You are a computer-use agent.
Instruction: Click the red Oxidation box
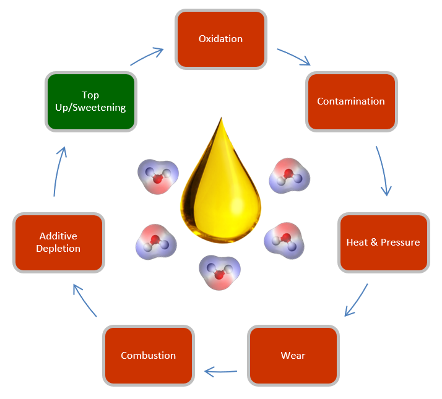(x=221, y=39)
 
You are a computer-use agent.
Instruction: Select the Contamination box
(x=351, y=101)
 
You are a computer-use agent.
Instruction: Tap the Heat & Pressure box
(x=383, y=242)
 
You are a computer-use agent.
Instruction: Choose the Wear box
(x=293, y=355)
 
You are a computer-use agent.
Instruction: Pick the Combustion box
(x=149, y=355)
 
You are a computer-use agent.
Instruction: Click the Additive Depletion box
(x=59, y=242)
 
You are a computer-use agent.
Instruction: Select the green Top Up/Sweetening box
(x=90, y=101)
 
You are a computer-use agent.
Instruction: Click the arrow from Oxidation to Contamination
(x=293, y=56)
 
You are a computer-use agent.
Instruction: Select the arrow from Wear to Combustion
(x=221, y=371)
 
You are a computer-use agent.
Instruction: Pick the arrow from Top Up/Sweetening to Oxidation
(x=147, y=57)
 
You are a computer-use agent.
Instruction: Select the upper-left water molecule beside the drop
(x=157, y=176)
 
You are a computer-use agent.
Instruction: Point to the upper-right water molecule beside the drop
(x=288, y=176)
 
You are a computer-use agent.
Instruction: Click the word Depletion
(x=59, y=249)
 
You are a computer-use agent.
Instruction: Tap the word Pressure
(x=401, y=242)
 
